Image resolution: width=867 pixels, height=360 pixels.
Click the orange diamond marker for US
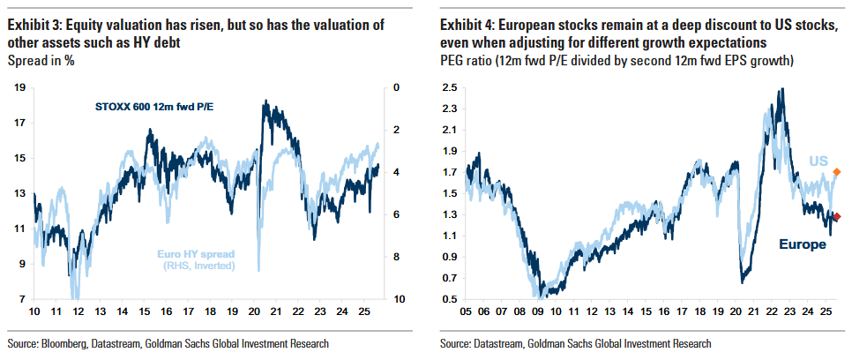point(836,171)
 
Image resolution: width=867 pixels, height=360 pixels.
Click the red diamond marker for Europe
point(836,216)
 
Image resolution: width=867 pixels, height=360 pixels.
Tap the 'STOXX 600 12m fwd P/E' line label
point(155,107)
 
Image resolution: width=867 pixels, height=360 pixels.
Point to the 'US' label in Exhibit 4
point(819,161)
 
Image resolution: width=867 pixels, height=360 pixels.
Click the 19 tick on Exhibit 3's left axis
point(19,87)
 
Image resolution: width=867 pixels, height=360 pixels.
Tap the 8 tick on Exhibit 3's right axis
point(398,257)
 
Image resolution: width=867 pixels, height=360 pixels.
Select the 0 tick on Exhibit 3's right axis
point(398,87)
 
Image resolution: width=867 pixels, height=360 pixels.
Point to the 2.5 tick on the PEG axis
point(450,87)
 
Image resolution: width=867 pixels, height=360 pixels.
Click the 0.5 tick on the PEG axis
point(450,299)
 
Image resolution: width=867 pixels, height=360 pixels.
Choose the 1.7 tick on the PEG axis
point(450,172)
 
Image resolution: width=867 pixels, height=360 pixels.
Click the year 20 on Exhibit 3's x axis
point(254,312)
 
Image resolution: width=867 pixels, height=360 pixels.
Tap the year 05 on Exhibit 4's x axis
point(467,312)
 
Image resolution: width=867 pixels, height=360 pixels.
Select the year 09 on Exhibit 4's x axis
point(537,312)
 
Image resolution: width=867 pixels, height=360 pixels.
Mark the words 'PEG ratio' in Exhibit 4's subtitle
point(465,60)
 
